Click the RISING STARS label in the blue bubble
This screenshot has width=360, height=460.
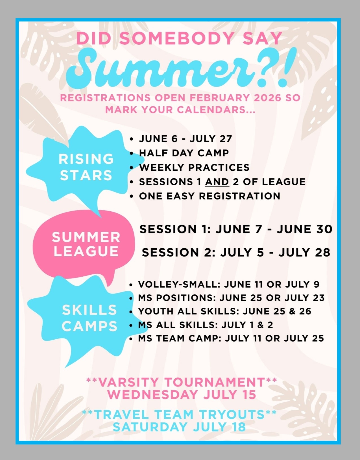pyautogui.click(x=86, y=167)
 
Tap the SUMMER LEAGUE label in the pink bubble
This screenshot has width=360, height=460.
pyautogui.click(x=86, y=244)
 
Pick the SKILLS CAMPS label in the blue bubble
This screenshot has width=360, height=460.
pyautogui.click(x=89, y=318)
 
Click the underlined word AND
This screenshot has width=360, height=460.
pyautogui.click(x=217, y=182)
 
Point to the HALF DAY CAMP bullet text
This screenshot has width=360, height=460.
pyautogui.click(x=184, y=153)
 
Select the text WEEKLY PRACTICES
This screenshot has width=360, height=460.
pyautogui.click(x=194, y=168)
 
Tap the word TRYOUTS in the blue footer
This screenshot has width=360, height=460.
pyautogui.click(x=232, y=415)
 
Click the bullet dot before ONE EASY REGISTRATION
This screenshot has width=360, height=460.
pyautogui.click(x=132, y=196)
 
